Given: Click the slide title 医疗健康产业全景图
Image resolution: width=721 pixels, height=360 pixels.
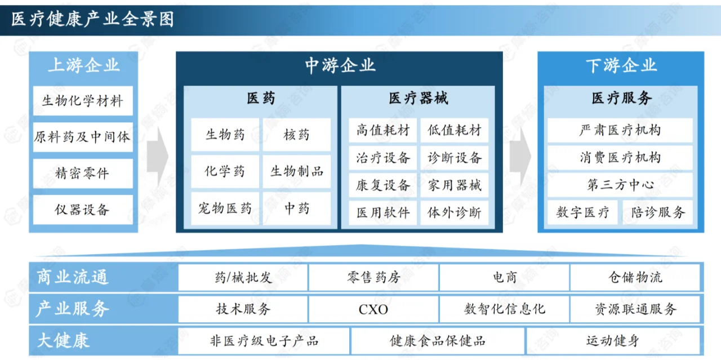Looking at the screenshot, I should [x=93, y=19].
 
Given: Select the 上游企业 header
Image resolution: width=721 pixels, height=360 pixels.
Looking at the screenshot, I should [x=83, y=65].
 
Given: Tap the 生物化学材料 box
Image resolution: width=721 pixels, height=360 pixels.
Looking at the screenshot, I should [x=83, y=101].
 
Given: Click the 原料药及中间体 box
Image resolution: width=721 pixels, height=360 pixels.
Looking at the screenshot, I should [x=83, y=137].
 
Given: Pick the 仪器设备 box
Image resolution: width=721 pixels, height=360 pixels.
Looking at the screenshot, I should [x=83, y=210].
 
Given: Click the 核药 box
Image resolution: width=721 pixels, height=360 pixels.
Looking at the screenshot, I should [x=297, y=135].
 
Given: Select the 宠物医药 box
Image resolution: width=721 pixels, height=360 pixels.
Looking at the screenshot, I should [x=225, y=208].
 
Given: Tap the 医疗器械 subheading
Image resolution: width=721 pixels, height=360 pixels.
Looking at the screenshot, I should [x=418, y=99].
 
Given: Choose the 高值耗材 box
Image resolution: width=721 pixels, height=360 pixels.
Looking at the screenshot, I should [x=382, y=131].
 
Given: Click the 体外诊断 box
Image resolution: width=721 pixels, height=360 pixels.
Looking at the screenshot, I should [x=454, y=213].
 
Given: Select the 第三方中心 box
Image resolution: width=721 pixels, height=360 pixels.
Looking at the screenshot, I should [x=620, y=185].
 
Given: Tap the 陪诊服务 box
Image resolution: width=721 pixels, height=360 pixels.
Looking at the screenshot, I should [x=657, y=213].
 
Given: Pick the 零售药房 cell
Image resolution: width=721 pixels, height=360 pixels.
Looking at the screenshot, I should [x=373, y=277].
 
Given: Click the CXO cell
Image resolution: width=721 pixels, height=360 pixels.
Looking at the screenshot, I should [x=373, y=309].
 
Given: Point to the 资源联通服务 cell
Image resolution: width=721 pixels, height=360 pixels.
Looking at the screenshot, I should [x=635, y=309].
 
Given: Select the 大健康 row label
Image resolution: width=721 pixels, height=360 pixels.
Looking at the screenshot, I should [x=63, y=341].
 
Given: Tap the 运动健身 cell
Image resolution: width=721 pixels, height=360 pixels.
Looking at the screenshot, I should [x=612, y=341].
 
